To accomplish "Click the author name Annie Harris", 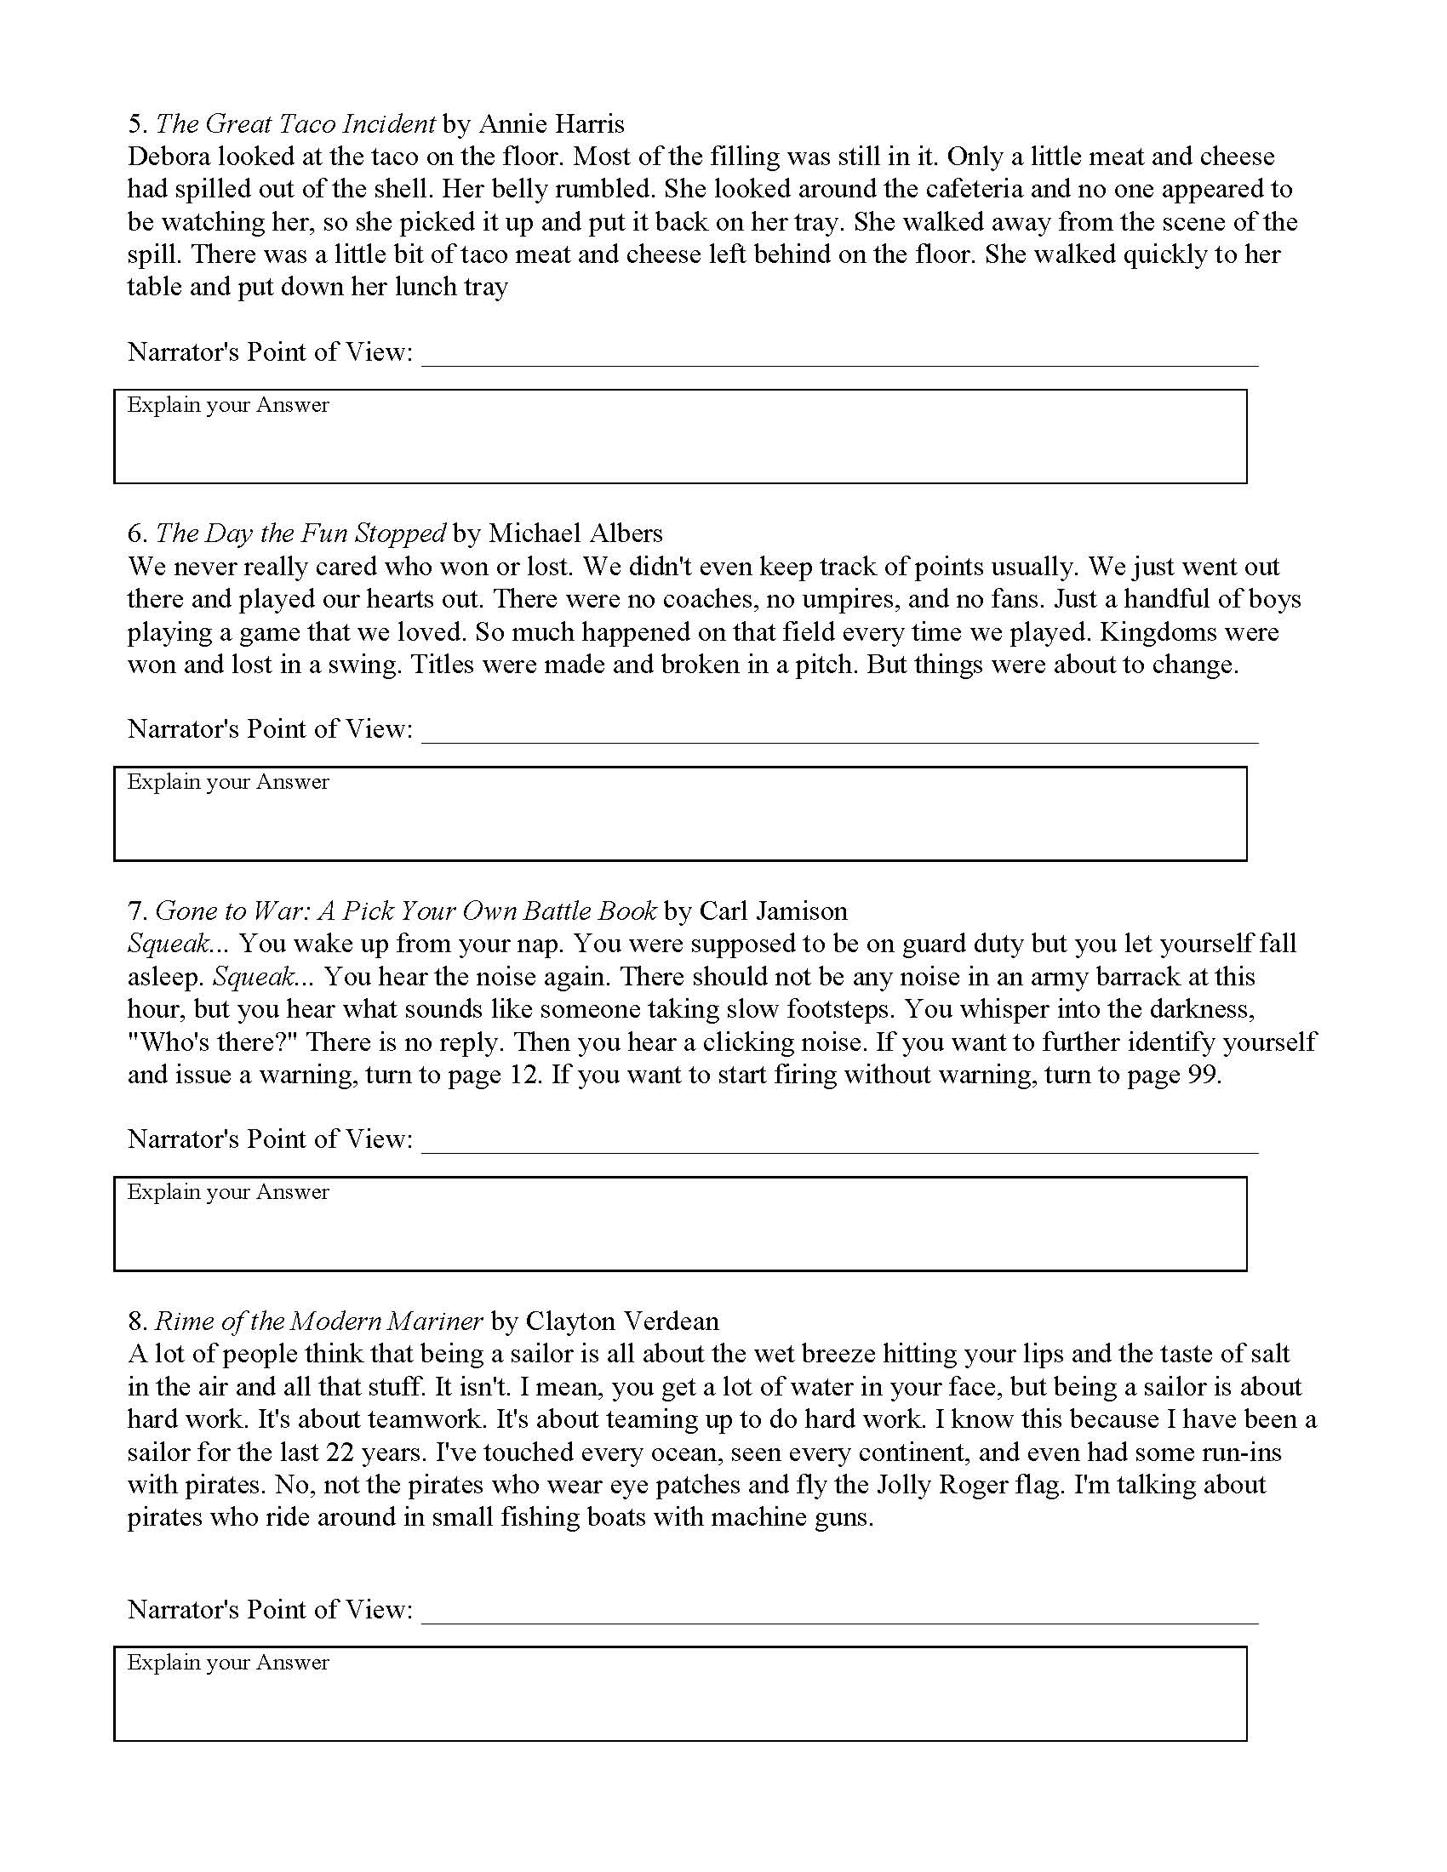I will tap(552, 124).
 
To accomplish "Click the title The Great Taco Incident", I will tap(295, 124).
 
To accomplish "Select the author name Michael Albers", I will tap(575, 534).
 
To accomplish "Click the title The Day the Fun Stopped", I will tap(300, 534).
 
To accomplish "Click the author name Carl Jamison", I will tap(773, 910).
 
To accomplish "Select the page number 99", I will tap(1203, 1075).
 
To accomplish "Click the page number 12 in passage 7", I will tap(523, 1075).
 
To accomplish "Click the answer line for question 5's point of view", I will tap(840, 361).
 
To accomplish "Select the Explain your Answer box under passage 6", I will tap(680, 814).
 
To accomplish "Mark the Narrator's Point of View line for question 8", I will tap(840, 1618).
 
